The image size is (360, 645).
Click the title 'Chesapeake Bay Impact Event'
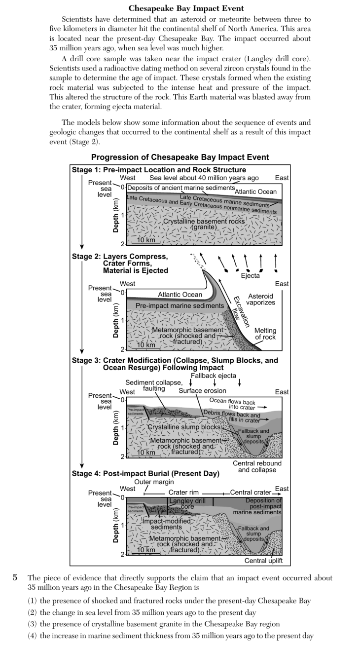point(186,8)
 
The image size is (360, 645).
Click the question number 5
point(15,577)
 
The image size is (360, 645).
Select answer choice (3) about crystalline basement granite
point(154,624)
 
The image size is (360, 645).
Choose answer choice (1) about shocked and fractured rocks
point(169,601)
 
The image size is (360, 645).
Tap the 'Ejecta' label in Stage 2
point(251,275)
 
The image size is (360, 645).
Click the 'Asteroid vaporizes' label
point(260,299)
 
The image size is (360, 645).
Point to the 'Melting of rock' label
point(265,334)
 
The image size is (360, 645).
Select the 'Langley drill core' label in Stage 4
point(187,504)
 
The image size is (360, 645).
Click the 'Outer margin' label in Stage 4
point(154,482)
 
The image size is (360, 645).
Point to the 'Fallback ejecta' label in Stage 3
point(214,376)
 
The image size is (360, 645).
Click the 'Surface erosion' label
point(202,390)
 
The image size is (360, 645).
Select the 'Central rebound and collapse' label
point(257,466)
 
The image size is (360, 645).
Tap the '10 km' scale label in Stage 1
point(146,240)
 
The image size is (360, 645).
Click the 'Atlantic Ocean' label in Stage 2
point(180,295)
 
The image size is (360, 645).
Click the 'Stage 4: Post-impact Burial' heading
point(145,473)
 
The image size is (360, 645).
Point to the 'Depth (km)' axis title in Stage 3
point(115,427)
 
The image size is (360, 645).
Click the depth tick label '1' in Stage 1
point(123,215)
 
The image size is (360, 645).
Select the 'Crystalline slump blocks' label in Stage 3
point(184,427)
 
